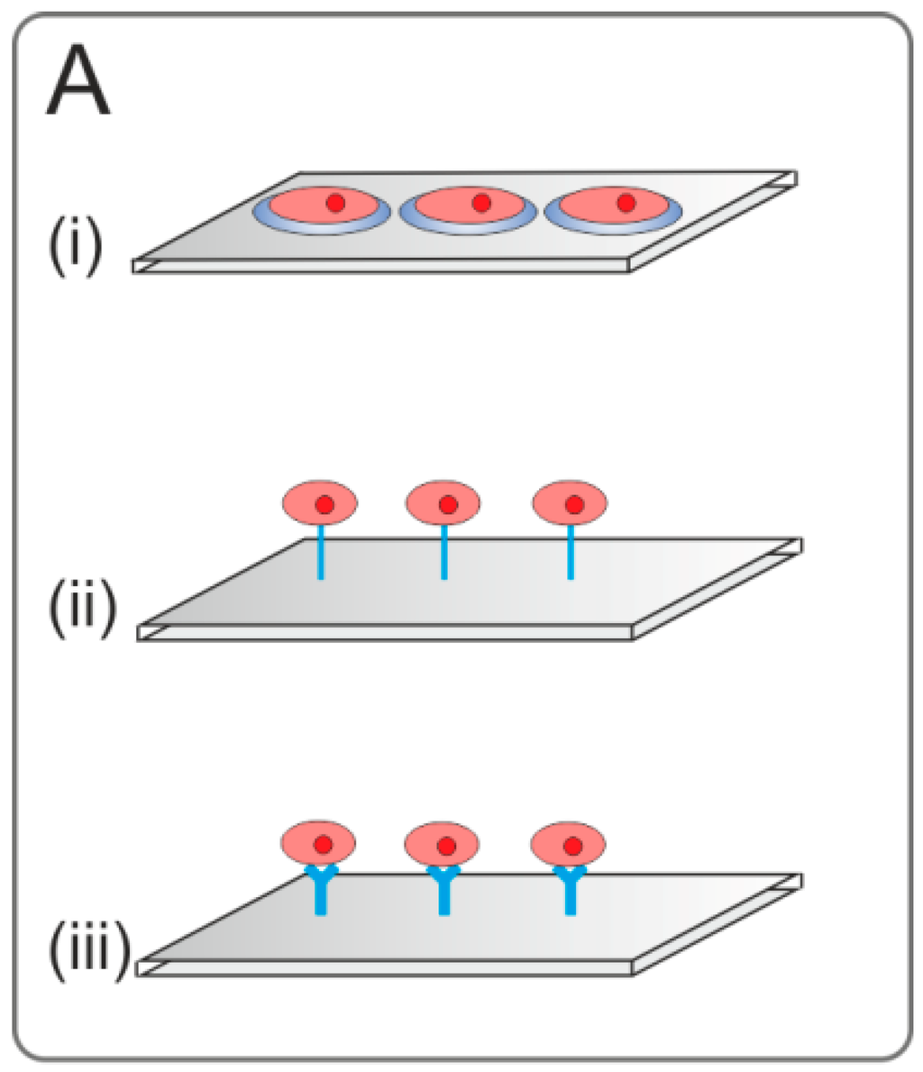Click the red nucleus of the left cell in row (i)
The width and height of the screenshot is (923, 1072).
coord(335,203)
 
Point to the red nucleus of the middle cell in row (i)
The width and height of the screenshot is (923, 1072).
coord(481,203)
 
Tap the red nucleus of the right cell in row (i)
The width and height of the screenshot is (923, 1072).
coord(626,203)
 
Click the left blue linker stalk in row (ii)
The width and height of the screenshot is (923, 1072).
coord(320,552)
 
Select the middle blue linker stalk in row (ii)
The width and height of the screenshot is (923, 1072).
coord(444,552)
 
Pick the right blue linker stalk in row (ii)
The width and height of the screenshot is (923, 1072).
coord(571,552)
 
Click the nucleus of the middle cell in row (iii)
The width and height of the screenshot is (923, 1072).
coord(447,846)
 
